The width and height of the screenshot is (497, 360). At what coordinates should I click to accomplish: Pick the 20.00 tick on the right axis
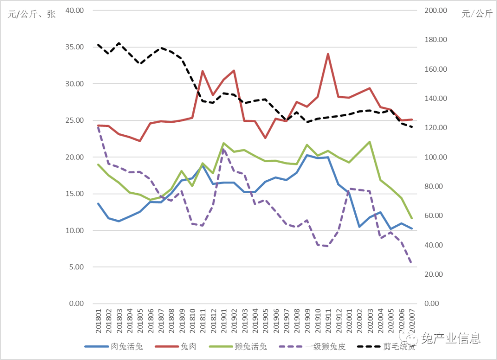433,274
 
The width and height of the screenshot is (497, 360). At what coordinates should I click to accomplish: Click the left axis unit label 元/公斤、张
31,14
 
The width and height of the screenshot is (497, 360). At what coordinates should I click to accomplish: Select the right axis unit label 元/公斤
477,14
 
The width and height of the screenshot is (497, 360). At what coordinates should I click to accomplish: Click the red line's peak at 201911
328,54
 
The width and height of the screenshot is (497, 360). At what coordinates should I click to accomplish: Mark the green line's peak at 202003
370,142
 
